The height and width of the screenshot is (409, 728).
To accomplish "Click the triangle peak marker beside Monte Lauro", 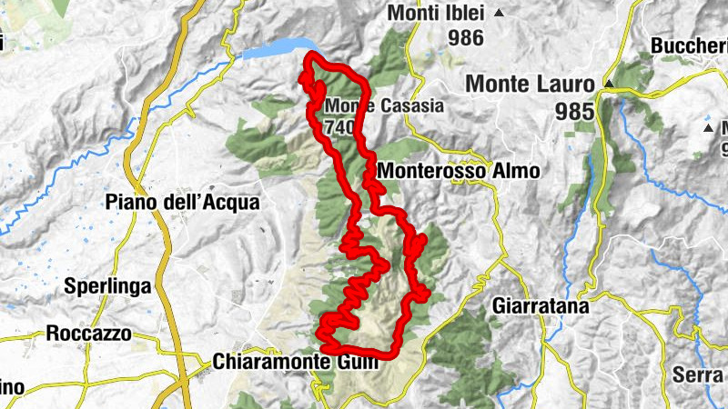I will point(609,84).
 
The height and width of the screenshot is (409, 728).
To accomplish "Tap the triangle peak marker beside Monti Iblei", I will point(499,14).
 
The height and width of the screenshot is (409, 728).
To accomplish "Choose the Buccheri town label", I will point(689,45).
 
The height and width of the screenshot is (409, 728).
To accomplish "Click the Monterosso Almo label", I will point(458,171).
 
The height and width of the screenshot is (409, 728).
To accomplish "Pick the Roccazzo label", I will point(88,334).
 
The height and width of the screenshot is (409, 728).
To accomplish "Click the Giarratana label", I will point(539,307).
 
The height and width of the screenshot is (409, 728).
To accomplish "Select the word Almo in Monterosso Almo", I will point(519,171).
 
